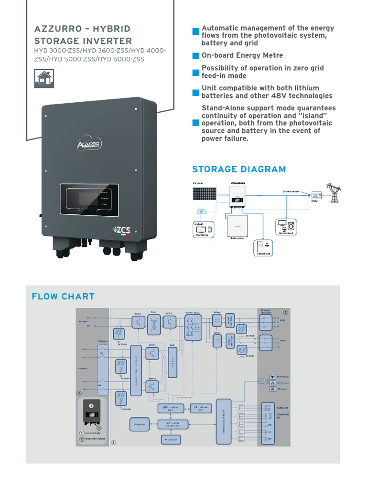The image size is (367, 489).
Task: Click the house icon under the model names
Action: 44,78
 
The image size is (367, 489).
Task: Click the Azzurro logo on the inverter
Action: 88,144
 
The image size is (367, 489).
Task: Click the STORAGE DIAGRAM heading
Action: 239,169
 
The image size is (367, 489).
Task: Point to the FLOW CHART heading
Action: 63,297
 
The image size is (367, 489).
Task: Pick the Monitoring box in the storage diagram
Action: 202,230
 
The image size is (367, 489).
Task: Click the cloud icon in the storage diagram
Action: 202,211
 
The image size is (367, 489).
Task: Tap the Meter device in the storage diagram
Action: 315,195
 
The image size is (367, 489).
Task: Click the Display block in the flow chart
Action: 139,424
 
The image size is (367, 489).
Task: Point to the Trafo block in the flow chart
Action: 153,323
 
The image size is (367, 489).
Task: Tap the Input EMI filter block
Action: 135,370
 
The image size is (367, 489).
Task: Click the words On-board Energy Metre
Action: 242,55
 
